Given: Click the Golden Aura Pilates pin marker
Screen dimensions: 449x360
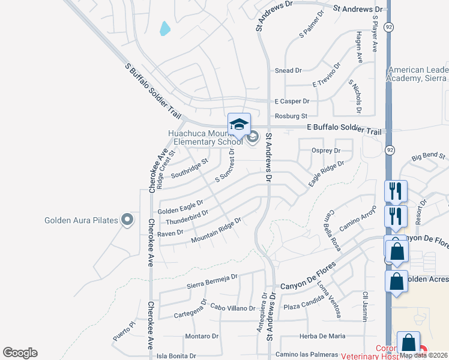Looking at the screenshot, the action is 127,220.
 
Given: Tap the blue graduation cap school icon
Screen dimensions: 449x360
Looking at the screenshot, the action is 239,125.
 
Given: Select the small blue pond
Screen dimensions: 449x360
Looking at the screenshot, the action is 164,28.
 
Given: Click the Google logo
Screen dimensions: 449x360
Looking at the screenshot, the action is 20,353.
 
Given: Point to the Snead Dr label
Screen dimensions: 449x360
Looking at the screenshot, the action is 288,71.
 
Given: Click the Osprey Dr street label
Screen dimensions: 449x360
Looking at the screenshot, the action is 326,151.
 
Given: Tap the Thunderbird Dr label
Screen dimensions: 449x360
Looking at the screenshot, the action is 187,216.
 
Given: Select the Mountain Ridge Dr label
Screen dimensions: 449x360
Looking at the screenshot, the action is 215,230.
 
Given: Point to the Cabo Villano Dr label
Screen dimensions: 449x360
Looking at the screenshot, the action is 233,308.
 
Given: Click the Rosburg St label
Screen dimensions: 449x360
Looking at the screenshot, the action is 291,116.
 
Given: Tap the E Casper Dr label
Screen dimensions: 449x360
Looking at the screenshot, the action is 291,101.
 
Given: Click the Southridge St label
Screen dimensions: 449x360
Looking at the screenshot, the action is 189,168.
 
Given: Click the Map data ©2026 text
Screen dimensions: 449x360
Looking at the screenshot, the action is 423,355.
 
